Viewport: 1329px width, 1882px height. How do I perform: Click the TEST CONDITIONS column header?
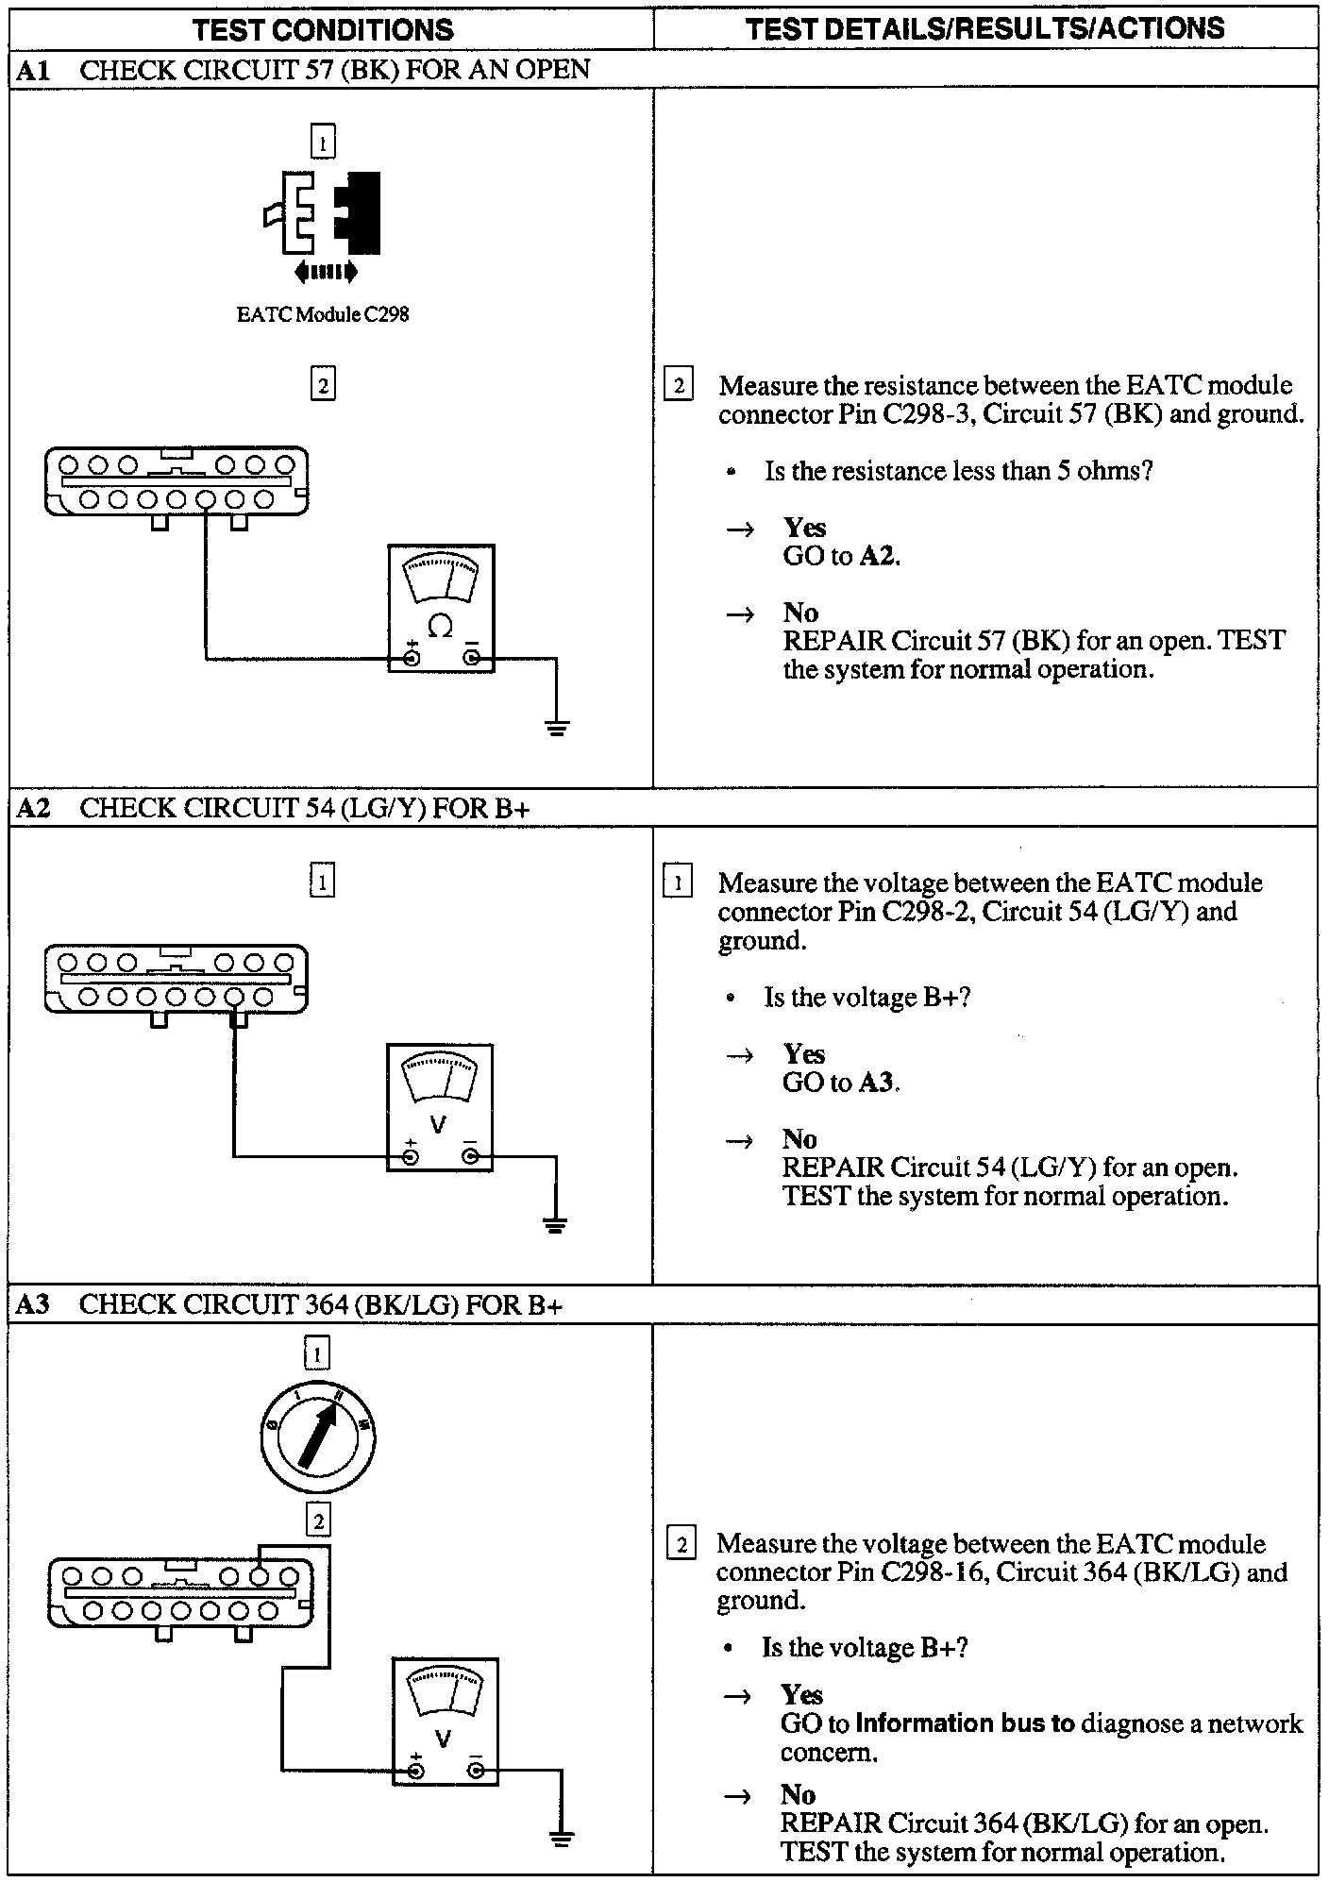click(323, 29)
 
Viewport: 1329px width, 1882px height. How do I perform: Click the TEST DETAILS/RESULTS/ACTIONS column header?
click(984, 28)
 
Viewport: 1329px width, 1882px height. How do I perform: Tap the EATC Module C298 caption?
click(323, 315)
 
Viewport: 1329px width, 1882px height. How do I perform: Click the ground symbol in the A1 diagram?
click(557, 728)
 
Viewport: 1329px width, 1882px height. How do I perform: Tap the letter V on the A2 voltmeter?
click(438, 1125)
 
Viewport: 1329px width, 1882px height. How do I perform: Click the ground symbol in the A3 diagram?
click(561, 1838)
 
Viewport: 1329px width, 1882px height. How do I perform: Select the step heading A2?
click(34, 808)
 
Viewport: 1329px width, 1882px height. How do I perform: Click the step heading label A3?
click(33, 1304)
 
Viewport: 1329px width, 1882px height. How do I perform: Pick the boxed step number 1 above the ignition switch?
click(317, 1355)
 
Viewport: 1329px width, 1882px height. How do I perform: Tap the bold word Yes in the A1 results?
click(804, 528)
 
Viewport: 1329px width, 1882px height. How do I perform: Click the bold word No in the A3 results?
click(798, 1794)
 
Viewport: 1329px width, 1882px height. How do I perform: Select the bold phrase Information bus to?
click(965, 1723)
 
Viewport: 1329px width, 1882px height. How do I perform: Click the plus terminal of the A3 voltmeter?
click(415, 1772)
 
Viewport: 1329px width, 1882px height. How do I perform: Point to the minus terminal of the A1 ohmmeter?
click(472, 659)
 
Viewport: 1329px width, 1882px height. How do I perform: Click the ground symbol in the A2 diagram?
click(555, 1226)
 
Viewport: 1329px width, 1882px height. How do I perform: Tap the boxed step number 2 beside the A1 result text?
click(679, 385)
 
